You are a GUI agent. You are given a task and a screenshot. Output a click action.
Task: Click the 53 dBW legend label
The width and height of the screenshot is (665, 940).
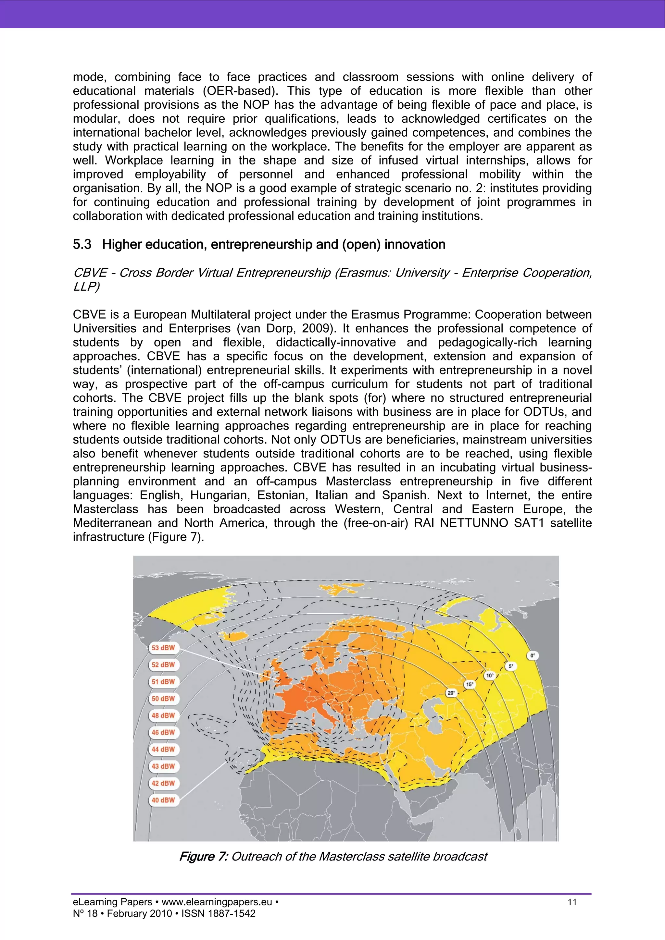163,648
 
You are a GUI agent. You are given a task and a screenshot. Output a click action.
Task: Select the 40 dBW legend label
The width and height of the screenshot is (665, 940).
163,800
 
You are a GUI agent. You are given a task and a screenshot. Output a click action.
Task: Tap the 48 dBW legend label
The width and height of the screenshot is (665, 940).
163,716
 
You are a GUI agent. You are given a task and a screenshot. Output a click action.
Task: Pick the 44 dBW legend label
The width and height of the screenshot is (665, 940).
163,749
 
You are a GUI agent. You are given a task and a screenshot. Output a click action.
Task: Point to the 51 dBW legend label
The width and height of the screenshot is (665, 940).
163,682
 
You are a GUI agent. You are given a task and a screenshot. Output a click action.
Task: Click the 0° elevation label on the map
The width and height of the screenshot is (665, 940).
532,655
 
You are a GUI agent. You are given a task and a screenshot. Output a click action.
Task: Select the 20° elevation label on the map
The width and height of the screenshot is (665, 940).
451,693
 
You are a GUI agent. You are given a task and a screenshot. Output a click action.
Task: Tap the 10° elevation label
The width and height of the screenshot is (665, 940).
490,676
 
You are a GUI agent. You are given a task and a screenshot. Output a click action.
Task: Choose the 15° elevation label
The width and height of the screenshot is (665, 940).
470,684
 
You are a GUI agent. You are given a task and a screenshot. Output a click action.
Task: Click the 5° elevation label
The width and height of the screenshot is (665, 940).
510,666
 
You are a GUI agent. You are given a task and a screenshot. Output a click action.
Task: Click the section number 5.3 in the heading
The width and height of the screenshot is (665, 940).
82,244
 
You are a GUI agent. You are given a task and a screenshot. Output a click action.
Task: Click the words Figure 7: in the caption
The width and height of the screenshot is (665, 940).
203,857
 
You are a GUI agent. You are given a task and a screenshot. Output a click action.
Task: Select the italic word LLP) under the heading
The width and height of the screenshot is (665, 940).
86,287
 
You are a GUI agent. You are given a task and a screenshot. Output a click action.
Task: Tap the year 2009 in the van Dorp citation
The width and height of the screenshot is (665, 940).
316,328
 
